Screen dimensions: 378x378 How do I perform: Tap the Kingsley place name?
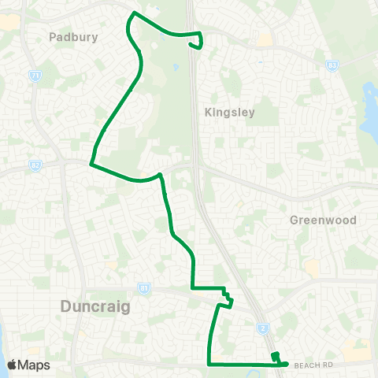[230, 113]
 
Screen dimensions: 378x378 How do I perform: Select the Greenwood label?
[323, 220]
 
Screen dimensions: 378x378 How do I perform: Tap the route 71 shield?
[35, 76]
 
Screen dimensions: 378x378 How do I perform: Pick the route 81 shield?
[143, 288]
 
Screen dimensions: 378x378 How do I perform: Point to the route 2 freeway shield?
[262, 328]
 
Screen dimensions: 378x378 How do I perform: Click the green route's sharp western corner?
[91, 165]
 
